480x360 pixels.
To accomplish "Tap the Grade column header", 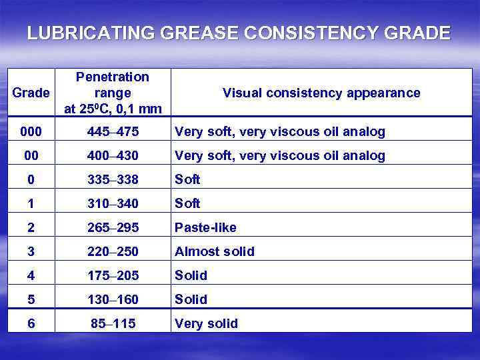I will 31,93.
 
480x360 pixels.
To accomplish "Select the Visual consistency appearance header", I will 321,93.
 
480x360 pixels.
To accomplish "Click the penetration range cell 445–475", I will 113,132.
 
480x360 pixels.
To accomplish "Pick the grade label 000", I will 31,132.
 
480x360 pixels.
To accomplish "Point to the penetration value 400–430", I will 113,156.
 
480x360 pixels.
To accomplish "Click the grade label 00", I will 31,156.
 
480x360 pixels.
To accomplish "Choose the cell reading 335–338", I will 113,180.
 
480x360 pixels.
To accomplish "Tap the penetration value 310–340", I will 113,204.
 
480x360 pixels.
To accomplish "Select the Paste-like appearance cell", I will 205,228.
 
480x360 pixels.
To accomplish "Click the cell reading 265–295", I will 113,228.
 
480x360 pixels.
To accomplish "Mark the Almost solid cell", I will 214,252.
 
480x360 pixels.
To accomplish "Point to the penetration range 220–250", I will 113,252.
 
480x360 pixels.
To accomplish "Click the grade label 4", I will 31,276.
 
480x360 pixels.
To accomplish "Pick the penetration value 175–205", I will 113,276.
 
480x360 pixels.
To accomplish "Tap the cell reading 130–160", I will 113,300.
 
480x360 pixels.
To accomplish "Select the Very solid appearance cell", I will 206,324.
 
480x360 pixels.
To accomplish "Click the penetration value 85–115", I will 113,324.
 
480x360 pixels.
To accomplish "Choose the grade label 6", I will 31,324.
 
